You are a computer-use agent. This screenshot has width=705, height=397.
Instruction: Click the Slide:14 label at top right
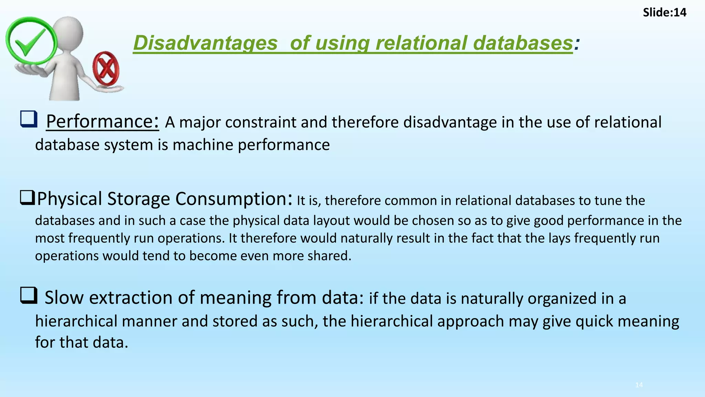pyautogui.click(x=664, y=13)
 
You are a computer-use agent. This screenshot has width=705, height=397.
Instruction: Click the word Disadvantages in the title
pyautogui.click(x=205, y=43)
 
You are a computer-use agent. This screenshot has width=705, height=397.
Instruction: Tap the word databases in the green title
pyautogui.click(x=523, y=43)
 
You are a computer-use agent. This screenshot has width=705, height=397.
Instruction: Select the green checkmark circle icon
pyautogui.click(x=31, y=41)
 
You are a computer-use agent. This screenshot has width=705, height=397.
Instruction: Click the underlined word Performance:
pyautogui.click(x=103, y=122)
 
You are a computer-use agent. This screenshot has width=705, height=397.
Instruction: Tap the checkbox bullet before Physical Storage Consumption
pyautogui.click(x=27, y=197)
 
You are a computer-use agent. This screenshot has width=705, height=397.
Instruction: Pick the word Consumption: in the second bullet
pyautogui.click(x=234, y=199)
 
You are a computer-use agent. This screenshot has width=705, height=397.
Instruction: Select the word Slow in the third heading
pyautogui.click(x=64, y=298)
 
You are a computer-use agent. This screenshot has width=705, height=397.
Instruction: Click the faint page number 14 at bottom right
pyautogui.click(x=639, y=385)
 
